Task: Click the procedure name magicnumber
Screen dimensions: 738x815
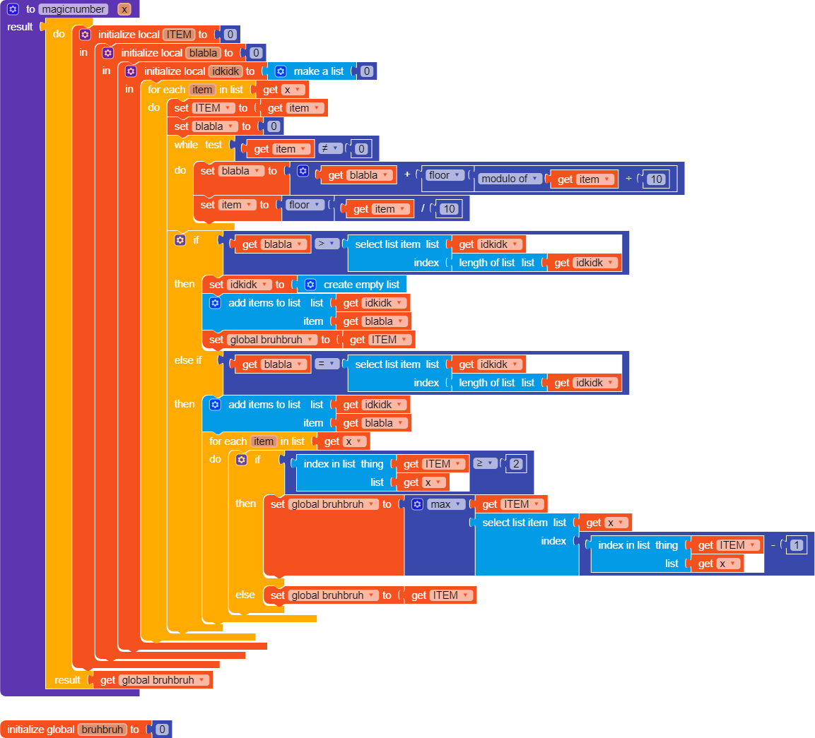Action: tap(74, 9)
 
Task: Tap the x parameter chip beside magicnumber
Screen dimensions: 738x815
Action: tap(124, 9)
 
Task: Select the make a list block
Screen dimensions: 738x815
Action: tap(318, 71)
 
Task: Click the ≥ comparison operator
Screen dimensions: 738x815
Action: tap(485, 463)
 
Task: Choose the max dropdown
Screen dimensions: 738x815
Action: tap(445, 504)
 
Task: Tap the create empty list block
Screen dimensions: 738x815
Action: tap(360, 285)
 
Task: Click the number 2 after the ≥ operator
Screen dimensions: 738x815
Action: tap(516, 464)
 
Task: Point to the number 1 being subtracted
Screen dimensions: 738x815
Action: tap(797, 545)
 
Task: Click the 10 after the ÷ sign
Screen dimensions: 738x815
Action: tap(657, 179)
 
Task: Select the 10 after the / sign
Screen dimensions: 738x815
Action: tap(449, 209)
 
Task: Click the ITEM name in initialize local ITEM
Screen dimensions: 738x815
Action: tap(179, 35)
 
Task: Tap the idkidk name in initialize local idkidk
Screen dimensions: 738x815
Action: tap(226, 71)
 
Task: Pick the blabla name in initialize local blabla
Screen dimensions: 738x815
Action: tap(203, 53)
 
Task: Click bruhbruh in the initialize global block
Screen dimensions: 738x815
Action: tap(102, 730)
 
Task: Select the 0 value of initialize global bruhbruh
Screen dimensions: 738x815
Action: tap(162, 730)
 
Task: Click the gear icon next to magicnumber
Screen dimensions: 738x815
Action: tap(13, 9)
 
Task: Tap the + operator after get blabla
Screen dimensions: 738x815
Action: tap(407, 174)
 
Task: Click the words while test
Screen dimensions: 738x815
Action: tap(198, 145)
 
